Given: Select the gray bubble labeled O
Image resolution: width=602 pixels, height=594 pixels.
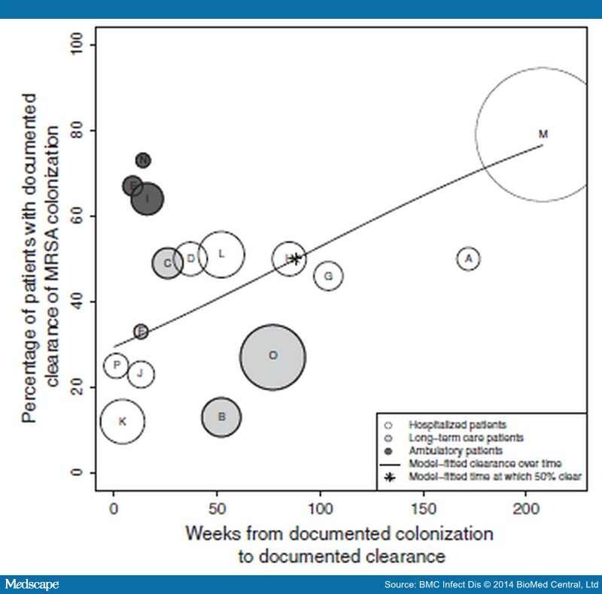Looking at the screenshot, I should pos(272,356).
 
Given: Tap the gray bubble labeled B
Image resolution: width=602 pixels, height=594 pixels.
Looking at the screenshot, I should pos(221,417).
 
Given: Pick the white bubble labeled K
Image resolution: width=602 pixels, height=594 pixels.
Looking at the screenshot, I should pos(122,422).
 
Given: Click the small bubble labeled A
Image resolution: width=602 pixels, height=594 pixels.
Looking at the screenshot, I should pos(469,259).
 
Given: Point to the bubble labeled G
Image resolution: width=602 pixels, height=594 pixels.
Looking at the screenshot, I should pos(329,276).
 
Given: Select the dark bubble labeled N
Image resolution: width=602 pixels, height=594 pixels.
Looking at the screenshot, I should pos(143,160).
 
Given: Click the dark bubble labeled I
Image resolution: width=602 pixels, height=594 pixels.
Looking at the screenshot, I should pos(147,199).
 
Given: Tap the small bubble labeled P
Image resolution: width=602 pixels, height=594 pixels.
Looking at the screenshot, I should pos(116,365).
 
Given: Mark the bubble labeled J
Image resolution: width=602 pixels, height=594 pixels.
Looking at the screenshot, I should pos(141,374).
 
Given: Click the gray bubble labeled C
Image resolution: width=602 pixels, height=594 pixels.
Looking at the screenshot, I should pos(168,263).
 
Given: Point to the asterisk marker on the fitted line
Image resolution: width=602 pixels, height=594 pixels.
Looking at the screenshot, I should pos(296,259).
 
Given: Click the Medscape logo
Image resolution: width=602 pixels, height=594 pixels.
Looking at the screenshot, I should pos(32,584).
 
